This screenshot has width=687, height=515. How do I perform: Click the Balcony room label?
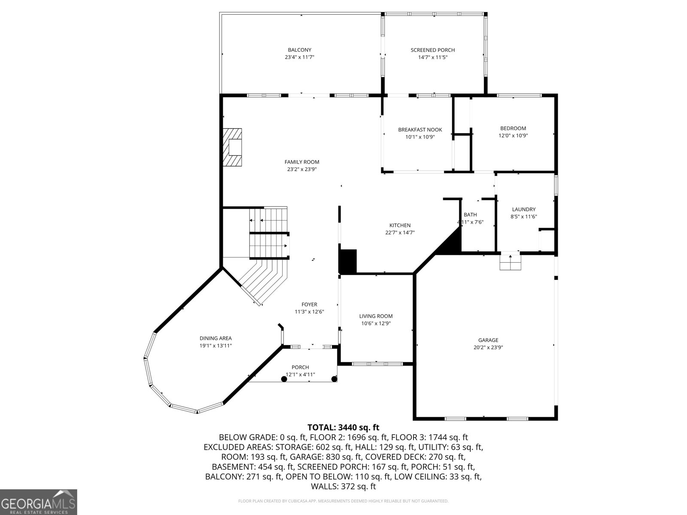299,50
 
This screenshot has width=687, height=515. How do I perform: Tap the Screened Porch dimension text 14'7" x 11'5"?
432,57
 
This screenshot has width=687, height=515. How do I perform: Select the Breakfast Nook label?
419,130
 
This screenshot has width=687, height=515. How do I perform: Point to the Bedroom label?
513,128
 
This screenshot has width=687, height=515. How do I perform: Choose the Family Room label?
302,162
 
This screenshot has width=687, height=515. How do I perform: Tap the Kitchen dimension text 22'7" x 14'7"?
400,233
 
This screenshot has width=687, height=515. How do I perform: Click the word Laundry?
523,209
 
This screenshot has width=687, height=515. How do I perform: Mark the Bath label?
470,215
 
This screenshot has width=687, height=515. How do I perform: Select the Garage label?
489,340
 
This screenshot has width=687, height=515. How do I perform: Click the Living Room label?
376,316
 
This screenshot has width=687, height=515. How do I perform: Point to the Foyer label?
309,305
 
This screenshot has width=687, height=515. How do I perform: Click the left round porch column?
284,379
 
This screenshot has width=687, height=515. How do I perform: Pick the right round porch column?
334,379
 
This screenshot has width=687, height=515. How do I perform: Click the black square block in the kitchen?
348,261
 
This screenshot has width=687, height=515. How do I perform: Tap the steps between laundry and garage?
510,262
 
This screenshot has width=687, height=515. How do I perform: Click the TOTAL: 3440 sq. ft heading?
343,427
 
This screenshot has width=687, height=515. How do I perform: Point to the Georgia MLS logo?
39,502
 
